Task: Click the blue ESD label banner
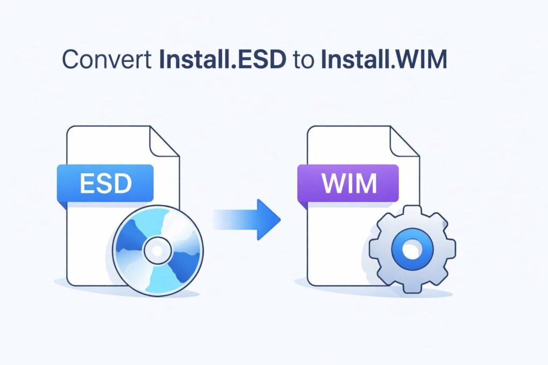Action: [104, 183]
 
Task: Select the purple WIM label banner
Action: [348, 183]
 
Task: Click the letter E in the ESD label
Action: [87, 183]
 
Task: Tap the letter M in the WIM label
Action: [365, 183]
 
